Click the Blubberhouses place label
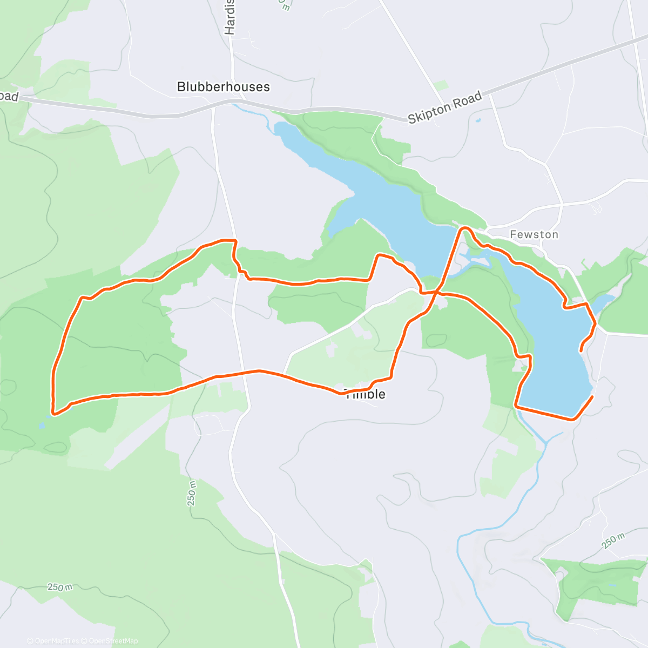point(223,87)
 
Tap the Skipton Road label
point(444,108)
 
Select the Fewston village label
point(534,234)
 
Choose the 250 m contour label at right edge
point(613,541)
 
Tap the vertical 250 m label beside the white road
point(192,493)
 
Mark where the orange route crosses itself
point(436,292)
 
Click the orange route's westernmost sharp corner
point(53,413)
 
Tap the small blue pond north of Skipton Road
point(478,119)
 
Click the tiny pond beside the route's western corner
point(42,425)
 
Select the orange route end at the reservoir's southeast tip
point(592,397)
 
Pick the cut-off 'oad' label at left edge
point(9,97)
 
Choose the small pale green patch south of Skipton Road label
point(441,85)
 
